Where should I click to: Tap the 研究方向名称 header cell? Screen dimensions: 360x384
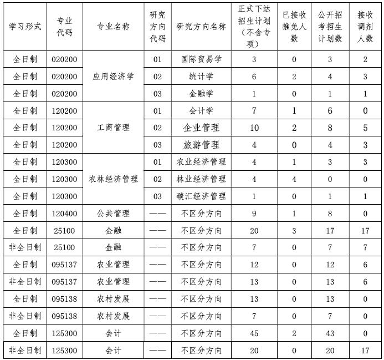(201, 26)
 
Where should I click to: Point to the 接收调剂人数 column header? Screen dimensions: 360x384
(365, 26)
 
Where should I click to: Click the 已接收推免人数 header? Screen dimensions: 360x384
(294, 26)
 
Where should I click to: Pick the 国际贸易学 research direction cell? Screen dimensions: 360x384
(201, 59)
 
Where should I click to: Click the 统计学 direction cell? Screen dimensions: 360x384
(201, 76)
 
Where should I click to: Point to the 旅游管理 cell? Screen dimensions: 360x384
(201, 145)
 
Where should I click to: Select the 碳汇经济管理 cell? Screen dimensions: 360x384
(201, 196)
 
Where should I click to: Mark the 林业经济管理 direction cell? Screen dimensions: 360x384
(201, 179)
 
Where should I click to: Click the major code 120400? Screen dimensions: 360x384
(64, 213)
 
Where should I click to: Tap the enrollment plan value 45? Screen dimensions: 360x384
(254, 333)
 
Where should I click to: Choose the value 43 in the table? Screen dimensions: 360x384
(330, 333)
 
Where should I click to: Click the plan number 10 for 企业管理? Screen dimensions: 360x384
(254, 128)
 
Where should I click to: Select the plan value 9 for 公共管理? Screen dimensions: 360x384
(254, 213)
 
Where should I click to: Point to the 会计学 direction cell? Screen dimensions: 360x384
(201, 110)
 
